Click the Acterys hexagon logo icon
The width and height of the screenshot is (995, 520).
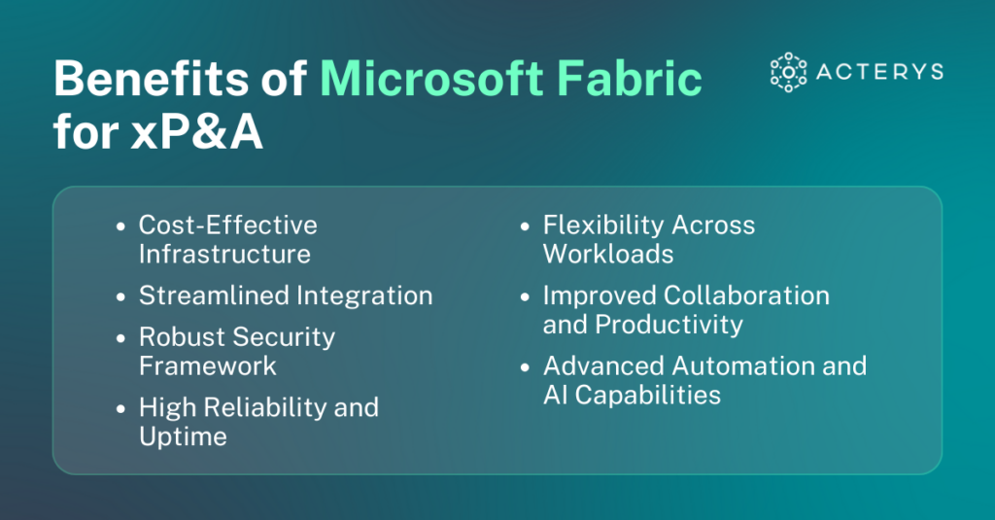pyautogui.click(x=789, y=72)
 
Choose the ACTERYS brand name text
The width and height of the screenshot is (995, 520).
pyautogui.click(x=879, y=72)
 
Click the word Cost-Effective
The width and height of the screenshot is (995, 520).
pyautogui.click(x=228, y=225)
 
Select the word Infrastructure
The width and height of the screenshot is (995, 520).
pyautogui.click(x=224, y=255)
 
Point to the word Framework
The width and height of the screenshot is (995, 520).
pyautogui.click(x=208, y=366)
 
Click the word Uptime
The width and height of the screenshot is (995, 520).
pyautogui.click(x=183, y=436)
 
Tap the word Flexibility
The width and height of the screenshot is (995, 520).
pyautogui.click(x=600, y=225)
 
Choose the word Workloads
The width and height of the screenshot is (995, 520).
pyautogui.click(x=608, y=255)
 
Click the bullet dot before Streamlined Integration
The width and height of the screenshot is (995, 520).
pyautogui.click(x=120, y=296)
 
